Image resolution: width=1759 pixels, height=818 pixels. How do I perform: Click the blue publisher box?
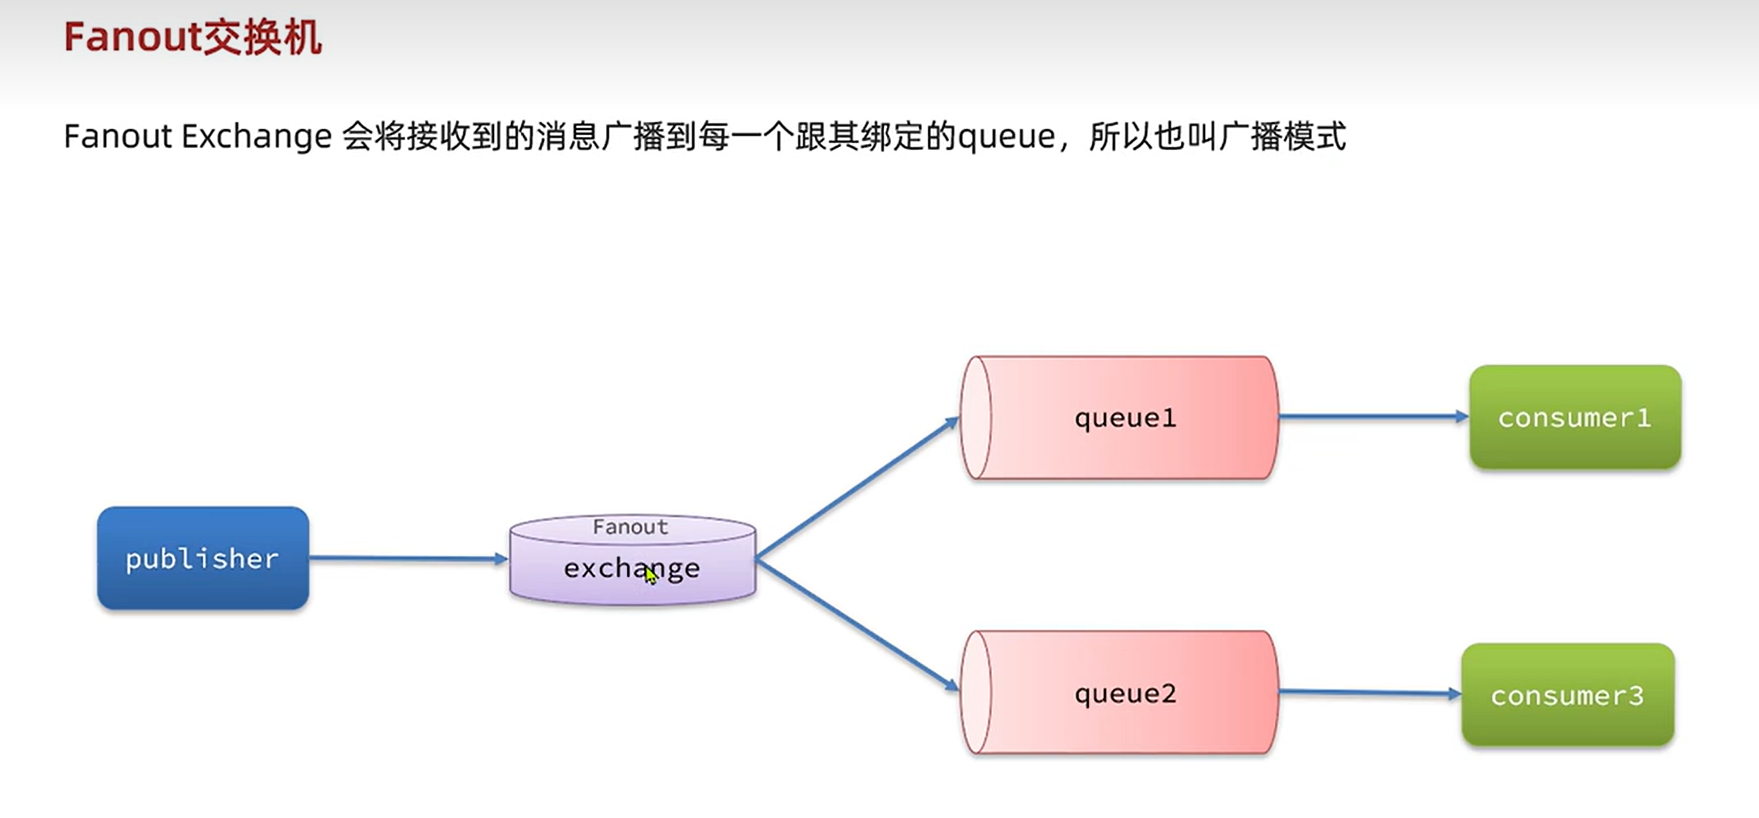203,558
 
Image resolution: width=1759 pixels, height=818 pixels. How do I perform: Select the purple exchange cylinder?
632,560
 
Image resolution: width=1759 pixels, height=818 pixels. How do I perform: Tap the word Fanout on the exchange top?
630,527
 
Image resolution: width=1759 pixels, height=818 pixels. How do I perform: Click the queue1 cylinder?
1119,418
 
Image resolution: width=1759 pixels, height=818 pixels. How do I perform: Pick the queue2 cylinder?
1119,692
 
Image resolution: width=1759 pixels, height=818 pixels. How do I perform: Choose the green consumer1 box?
1575,417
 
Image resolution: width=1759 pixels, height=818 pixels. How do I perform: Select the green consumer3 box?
1567,695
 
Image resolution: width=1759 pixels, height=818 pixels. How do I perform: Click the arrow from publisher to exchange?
409,558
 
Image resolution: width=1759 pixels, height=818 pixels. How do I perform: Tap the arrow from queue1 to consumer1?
1374,416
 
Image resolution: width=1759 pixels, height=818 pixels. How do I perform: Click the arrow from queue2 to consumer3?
1370,692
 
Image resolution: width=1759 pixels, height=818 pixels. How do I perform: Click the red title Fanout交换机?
193,37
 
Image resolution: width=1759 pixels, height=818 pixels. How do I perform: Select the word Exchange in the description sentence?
257,136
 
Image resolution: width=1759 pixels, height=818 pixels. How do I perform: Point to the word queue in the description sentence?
1006,138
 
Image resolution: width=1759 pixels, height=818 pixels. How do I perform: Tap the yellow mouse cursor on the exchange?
651,575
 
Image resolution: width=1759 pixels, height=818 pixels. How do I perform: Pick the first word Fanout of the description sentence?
118,136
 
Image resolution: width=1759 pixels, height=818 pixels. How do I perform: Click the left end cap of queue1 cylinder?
976,418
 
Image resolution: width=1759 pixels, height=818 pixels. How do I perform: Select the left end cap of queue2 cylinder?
976,692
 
